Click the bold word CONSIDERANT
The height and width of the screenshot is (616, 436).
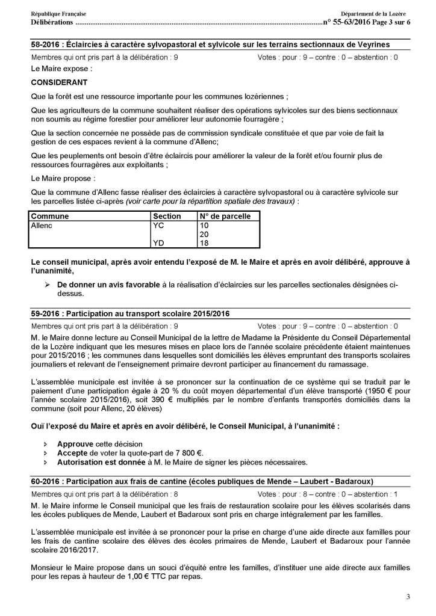[59, 82]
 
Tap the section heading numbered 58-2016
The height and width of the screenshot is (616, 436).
[210, 45]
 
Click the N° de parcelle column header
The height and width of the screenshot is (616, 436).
[221, 216]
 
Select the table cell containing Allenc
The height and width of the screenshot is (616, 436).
[42, 224]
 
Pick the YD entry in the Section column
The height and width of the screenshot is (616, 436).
[160, 243]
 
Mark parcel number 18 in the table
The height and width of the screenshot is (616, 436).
[204, 243]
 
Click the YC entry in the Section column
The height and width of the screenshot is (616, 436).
[160, 224]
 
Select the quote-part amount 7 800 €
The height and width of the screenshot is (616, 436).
[188, 453]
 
